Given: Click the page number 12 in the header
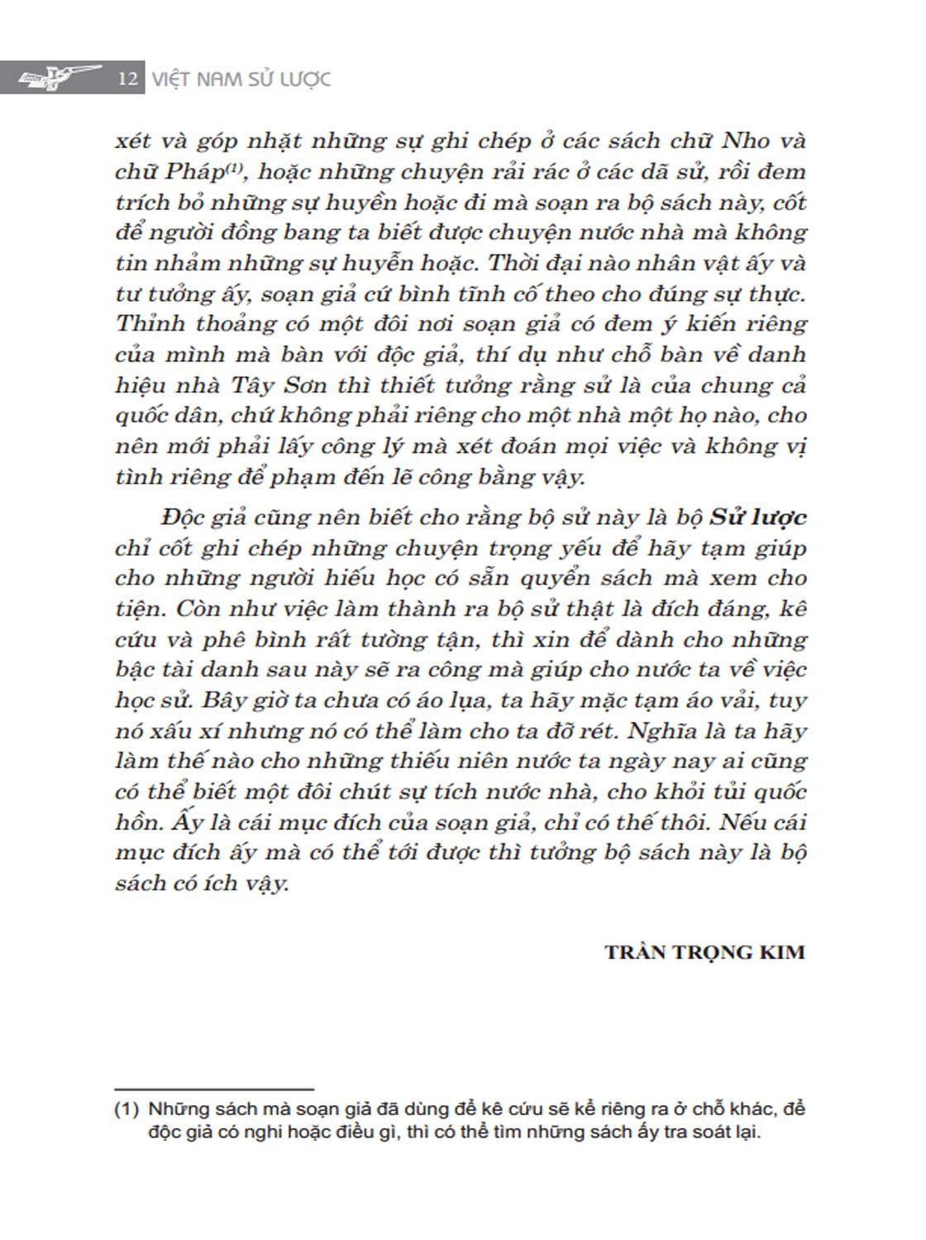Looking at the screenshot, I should [x=126, y=79].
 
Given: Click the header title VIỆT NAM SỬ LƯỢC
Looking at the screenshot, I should [x=241, y=79].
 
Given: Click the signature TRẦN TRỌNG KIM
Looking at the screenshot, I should [x=704, y=951].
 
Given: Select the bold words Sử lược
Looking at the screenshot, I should [x=759, y=517].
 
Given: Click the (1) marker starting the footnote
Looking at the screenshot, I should [x=126, y=1109].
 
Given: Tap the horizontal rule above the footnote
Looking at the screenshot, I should [x=214, y=1090].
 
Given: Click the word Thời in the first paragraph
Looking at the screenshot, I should [x=517, y=263].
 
